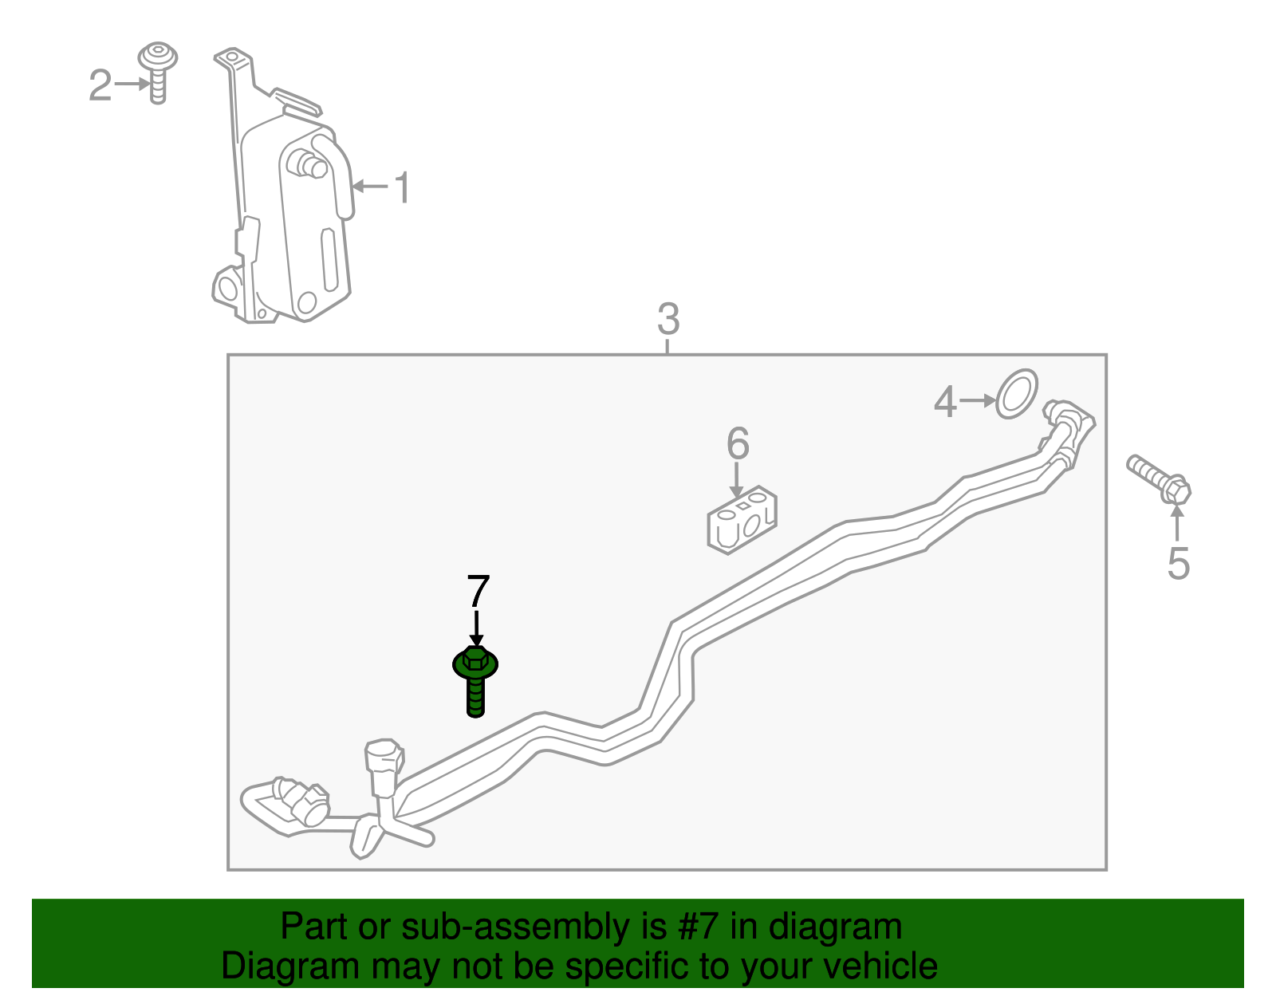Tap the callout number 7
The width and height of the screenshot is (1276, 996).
478,590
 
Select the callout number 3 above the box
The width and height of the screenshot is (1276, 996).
668,319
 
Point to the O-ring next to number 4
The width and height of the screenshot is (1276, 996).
1017,394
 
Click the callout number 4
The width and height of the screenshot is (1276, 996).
945,403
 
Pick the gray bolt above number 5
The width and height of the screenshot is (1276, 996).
1159,479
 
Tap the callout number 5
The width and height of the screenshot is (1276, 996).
1178,564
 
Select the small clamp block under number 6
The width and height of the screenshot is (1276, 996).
742,520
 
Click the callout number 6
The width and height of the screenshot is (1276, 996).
738,443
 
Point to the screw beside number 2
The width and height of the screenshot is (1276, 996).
157,73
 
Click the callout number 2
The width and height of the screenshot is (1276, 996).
100,85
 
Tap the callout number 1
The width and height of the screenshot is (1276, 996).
402,188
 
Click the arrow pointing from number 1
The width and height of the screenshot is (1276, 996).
370,187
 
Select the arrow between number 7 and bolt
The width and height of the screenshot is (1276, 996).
476,628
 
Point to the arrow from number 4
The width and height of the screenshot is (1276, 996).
977,401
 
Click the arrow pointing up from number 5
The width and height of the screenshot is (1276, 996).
1177,522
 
